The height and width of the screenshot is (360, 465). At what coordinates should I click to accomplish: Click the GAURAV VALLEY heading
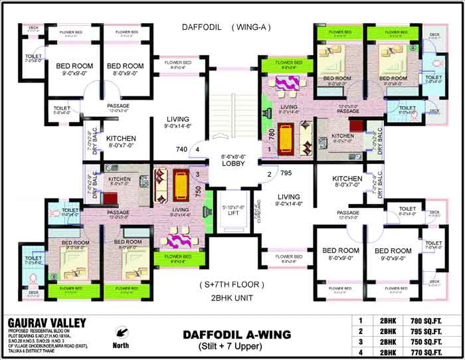(x=46, y=322)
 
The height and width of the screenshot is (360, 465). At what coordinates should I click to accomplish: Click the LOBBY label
(x=233, y=163)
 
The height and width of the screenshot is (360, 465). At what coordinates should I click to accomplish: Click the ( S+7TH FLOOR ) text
(x=232, y=284)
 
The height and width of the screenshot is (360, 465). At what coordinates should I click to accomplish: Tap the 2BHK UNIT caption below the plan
(x=232, y=298)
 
